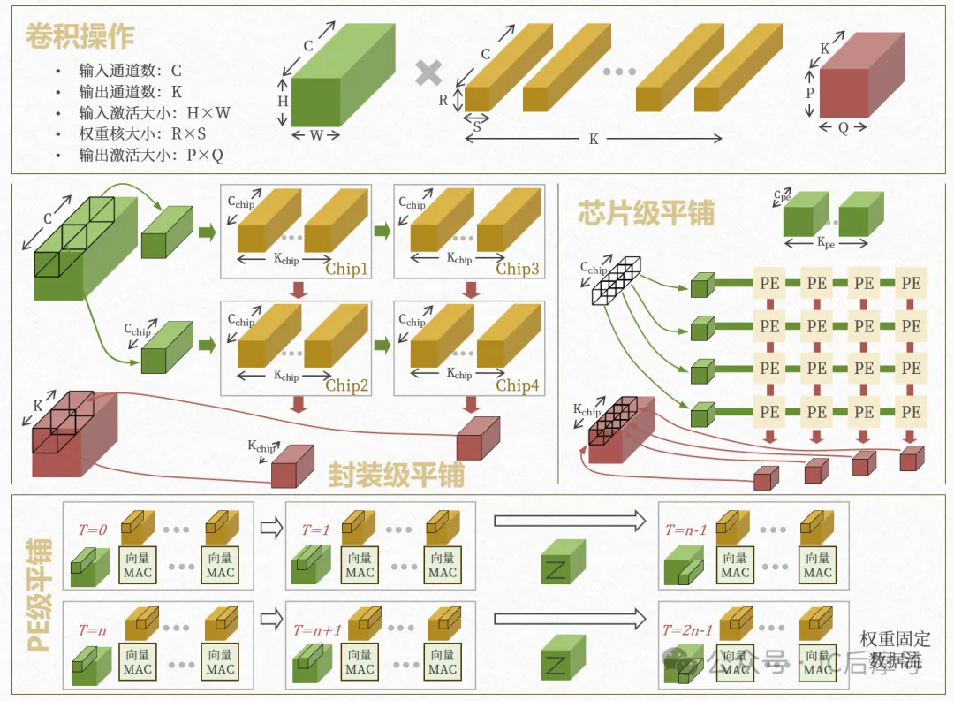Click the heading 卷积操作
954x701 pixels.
point(80,36)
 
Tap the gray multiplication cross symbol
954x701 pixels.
point(429,73)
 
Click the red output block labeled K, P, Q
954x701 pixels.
point(853,85)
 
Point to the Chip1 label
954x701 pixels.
point(346,269)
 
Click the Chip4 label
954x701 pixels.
point(517,385)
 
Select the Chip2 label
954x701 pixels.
point(346,385)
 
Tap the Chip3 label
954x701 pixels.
point(517,269)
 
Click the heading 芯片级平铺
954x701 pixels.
point(646,213)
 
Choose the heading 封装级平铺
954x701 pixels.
point(396,475)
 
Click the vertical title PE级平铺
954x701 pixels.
point(38,597)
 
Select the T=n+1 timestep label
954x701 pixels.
point(317,630)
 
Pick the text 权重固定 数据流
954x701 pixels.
point(895,650)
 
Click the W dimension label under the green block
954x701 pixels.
point(315,135)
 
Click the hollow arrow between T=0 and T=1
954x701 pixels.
point(270,529)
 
